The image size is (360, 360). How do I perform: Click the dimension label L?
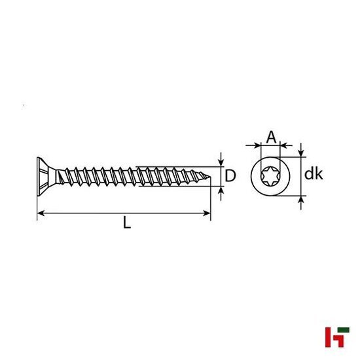click(127, 223)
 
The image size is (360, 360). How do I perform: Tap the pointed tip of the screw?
click(209, 175)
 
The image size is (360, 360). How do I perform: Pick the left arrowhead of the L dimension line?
click(40, 213)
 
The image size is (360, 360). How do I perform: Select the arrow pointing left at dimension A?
click(286, 145)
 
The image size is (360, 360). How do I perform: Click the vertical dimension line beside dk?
click(301, 175)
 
